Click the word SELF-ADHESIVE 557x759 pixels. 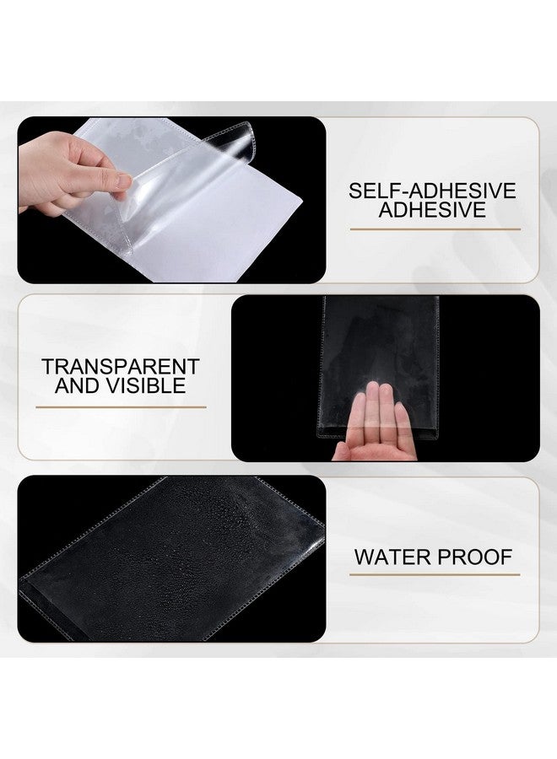tap(432, 191)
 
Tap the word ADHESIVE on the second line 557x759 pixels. tap(432, 210)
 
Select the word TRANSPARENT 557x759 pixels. tap(121, 367)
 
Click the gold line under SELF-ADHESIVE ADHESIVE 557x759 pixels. tap(434, 229)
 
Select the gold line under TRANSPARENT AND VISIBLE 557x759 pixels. tap(121, 406)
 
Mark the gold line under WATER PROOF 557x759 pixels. tap(434, 576)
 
